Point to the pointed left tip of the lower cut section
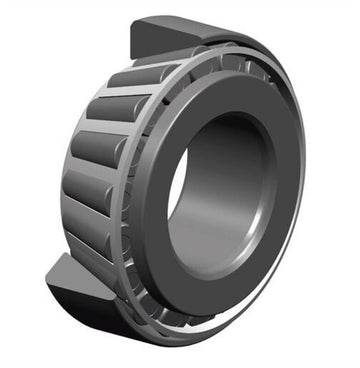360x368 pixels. click(x=47, y=276)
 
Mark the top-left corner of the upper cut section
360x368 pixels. click(x=133, y=22)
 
